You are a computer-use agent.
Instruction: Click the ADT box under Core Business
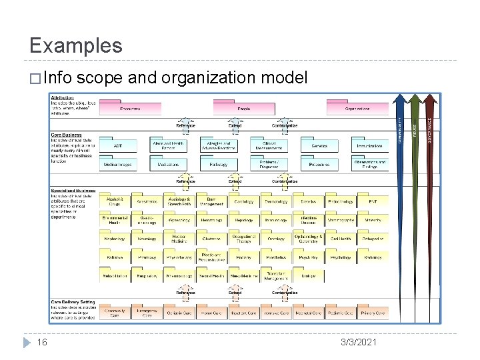[118, 145]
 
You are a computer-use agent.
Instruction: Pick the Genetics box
[319, 145]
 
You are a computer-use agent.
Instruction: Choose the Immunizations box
[369, 145]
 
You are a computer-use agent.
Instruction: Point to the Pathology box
[219, 163]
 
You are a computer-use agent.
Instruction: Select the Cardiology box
[244, 201]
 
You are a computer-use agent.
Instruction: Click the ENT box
[373, 201]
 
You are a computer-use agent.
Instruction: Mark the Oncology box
[276, 238]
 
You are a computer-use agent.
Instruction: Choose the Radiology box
[373, 257]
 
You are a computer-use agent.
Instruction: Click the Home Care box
[212, 312]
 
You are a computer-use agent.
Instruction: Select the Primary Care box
[373, 312]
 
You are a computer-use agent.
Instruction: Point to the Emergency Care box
[147, 312]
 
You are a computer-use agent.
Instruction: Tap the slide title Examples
[76, 45]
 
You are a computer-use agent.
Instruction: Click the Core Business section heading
[67, 135]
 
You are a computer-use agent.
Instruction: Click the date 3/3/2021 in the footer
[358, 342]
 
